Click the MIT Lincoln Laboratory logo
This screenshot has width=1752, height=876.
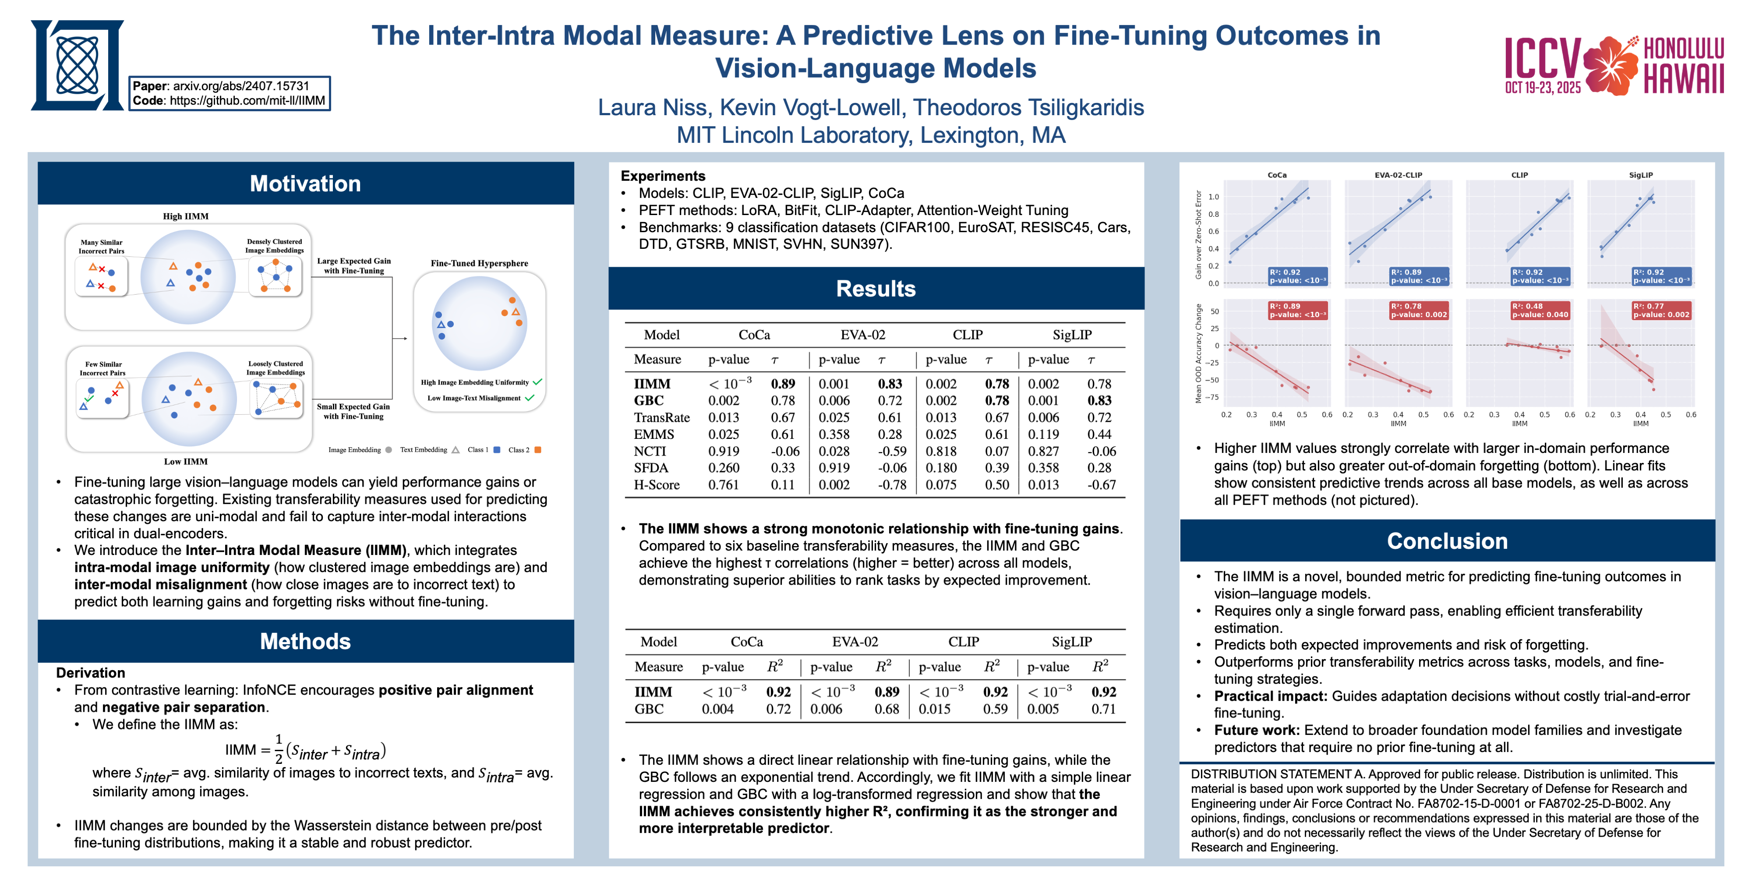(77, 65)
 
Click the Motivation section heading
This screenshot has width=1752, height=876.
(305, 184)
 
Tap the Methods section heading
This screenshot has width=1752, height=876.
(305, 641)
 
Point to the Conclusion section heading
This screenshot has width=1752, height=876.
(1447, 540)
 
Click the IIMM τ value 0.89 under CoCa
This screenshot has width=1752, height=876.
(783, 384)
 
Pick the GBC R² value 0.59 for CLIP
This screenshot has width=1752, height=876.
(995, 709)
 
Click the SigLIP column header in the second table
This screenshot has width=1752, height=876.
(1071, 641)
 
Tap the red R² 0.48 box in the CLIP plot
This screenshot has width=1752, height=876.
(1540, 310)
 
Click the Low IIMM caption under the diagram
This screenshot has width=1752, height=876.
(186, 461)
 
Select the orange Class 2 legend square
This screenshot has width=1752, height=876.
(538, 449)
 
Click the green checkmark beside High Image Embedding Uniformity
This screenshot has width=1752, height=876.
(537, 382)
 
